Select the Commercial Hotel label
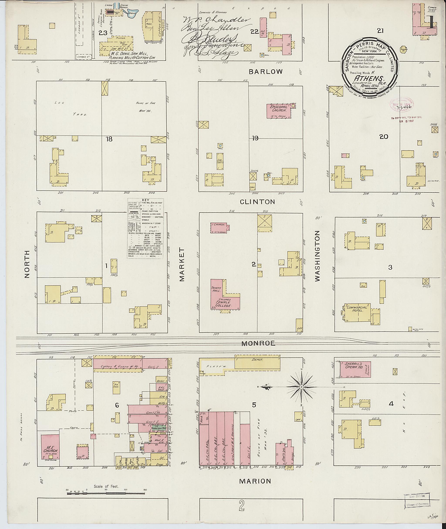[355, 309]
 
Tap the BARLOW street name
[265, 72]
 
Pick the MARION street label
[255, 481]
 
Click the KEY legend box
[145, 228]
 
